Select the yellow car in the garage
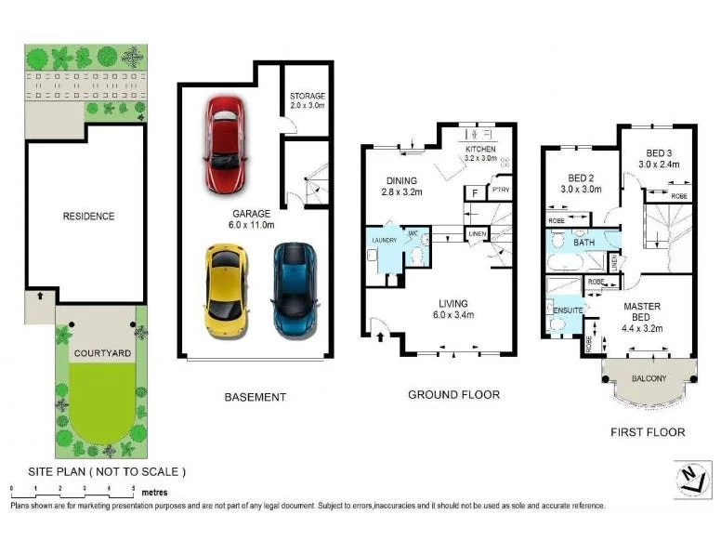pos(226,288)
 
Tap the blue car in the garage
pos(294,288)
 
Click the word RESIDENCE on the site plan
pos(88,217)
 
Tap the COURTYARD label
pos(103,354)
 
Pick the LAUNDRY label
pos(384,241)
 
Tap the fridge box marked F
pos(475,193)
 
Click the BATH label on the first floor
pos(583,243)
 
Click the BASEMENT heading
pos(256,397)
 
